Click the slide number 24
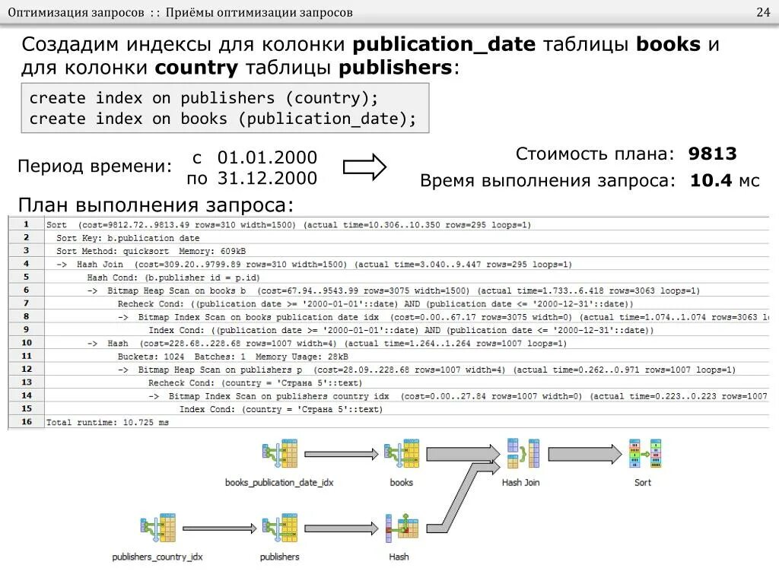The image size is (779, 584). (762, 14)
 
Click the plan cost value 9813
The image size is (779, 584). (712, 154)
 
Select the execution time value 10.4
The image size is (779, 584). (711, 181)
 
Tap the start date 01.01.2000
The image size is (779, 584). (267, 158)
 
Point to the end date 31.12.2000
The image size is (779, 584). (267, 179)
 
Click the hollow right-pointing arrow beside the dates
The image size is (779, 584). (364, 168)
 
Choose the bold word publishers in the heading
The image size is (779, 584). (396, 68)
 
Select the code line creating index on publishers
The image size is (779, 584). (203, 98)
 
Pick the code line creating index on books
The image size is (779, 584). (223, 119)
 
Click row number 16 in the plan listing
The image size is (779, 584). (27, 421)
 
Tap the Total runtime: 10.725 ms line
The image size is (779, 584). (107, 422)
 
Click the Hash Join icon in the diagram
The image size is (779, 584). (521, 454)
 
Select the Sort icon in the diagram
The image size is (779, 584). (644, 454)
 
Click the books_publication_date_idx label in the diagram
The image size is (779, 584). (279, 483)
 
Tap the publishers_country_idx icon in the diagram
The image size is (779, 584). (157, 528)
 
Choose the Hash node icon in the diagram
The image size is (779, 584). (398, 528)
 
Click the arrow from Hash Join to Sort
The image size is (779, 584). (583, 454)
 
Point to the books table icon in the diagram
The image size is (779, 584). (401, 454)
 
